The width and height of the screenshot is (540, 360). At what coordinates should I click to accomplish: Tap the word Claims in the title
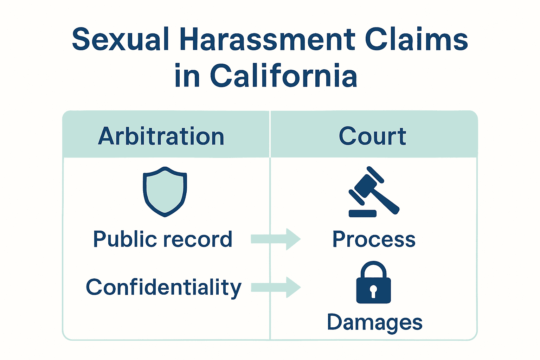tap(416, 39)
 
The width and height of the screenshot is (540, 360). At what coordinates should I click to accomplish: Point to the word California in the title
tap(283, 76)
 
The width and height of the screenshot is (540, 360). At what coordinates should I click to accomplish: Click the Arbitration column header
tap(161, 136)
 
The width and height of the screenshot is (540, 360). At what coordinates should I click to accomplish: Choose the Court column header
tap(373, 136)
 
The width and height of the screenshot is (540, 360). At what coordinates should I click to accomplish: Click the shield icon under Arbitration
tap(165, 192)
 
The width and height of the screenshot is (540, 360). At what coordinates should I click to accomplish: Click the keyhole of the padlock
tap(373, 291)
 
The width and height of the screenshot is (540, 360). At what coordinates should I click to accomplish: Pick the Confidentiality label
tap(163, 288)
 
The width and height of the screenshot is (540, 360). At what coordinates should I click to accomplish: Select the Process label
tap(374, 239)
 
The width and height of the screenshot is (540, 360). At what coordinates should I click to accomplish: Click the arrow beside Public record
tap(276, 239)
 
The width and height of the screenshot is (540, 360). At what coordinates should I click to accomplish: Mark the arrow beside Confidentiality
tap(276, 287)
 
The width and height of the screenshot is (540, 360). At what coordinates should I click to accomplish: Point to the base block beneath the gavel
tap(362, 213)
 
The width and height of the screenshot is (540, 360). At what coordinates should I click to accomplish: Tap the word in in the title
tap(187, 76)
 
